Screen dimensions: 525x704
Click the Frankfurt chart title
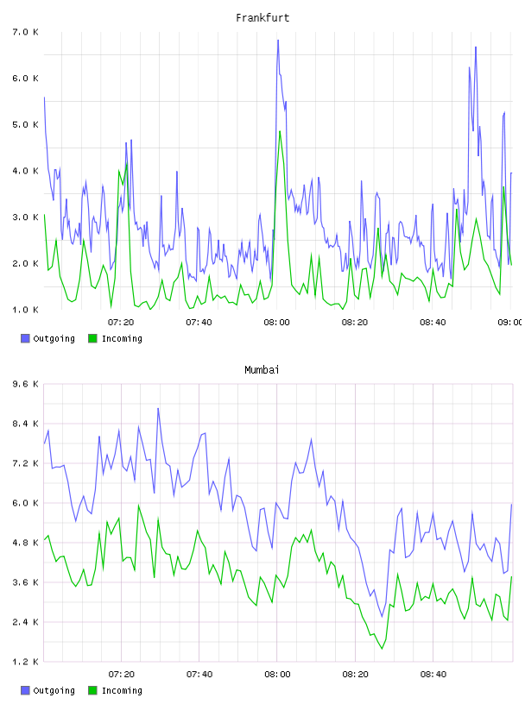[x=262, y=18]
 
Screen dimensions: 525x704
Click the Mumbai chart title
[x=262, y=370]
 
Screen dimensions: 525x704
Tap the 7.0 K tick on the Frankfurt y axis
[x=25, y=32]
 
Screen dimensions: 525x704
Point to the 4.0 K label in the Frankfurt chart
[x=25, y=171]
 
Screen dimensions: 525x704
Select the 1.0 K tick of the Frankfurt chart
[x=25, y=310]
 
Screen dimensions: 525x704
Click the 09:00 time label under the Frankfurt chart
[x=509, y=323]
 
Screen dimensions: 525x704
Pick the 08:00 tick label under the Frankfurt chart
[x=277, y=323]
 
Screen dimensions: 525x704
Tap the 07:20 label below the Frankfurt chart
[x=121, y=323]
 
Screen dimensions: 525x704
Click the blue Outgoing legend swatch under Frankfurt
[x=25, y=338]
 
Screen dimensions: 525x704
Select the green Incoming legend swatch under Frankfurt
[x=92, y=338]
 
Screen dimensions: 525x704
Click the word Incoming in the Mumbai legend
[x=122, y=690]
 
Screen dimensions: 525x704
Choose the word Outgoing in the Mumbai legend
[x=54, y=690]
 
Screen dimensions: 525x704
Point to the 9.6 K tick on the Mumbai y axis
[x=25, y=384]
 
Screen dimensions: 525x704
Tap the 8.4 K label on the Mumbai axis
[x=25, y=424]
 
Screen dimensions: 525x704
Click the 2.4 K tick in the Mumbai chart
[x=25, y=622]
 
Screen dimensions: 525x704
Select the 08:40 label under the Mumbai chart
[x=433, y=675]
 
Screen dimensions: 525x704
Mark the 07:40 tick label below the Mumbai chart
[x=199, y=675]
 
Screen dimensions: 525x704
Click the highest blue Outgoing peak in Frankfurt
[x=278, y=41]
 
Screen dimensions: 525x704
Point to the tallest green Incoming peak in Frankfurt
[x=280, y=131]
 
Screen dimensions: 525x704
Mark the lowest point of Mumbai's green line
[x=382, y=648]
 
